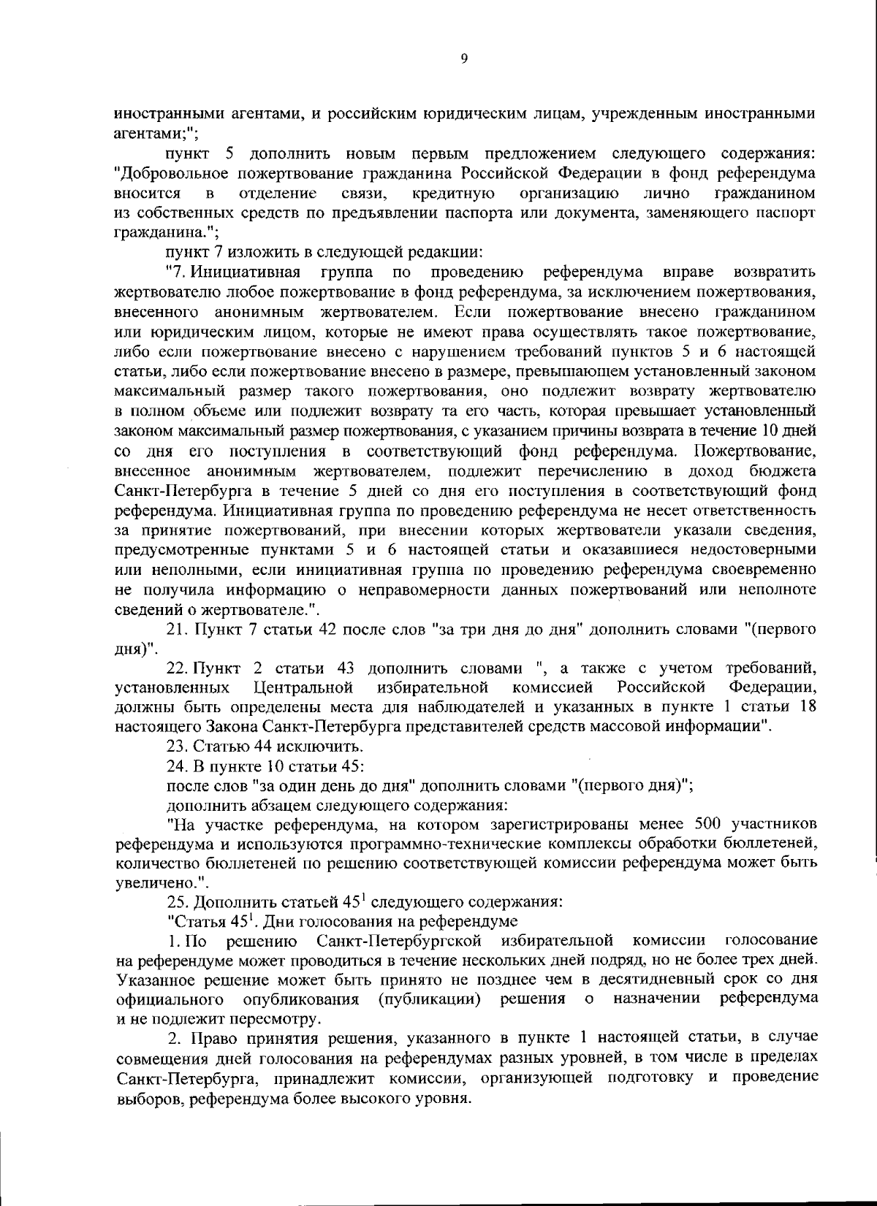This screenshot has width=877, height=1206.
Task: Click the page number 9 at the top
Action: [465, 59]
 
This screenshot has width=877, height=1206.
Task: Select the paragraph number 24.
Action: [177, 766]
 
